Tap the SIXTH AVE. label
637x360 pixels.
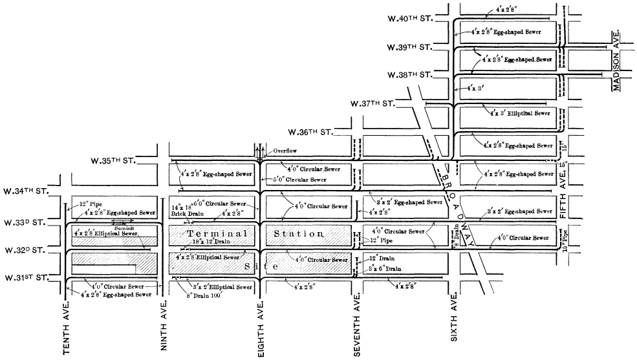[455, 320]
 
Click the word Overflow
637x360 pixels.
[285, 150]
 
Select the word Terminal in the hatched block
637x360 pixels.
[217, 233]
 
